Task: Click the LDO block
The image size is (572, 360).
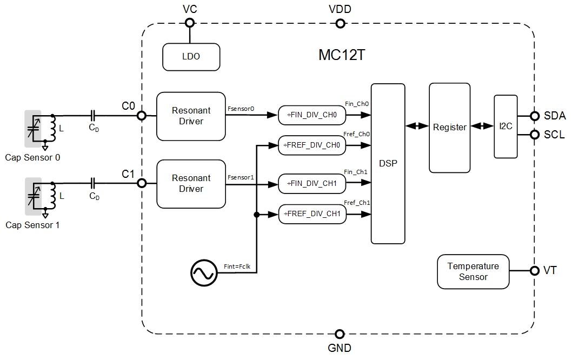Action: pyautogui.click(x=191, y=57)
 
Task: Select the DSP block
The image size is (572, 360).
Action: pyautogui.click(x=388, y=163)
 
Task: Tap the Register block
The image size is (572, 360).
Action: pyautogui.click(x=449, y=128)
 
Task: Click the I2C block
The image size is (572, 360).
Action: pyautogui.click(x=506, y=126)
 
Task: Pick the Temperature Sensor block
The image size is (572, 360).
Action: pyautogui.click(x=473, y=271)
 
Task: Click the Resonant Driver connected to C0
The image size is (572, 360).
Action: pyautogui.click(x=191, y=116)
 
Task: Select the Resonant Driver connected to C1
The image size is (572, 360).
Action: pyautogui.click(x=191, y=184)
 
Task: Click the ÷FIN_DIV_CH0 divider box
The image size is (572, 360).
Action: pyautogui.click(x=311, y=115)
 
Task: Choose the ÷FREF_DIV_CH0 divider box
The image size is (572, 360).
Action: pyautogui.click(x=311, y=145)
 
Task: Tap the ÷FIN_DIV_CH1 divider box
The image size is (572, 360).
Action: pyautogui.click(x=311, y=184)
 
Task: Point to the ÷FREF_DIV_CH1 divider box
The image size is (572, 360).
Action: pyautogui.click(x=311, y=214)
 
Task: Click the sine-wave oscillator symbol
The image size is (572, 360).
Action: pyautogui.click(x=204, y=274)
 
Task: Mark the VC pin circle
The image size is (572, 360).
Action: pyautogui.click(x=189, y=23)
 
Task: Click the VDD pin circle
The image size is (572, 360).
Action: pyautogui.click(x=340, y=23)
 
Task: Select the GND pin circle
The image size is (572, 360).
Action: pyautogui.click(x=340, y=334)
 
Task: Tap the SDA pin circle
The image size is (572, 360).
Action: pyautogui.click(x=535, y=116)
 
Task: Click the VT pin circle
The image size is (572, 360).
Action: pyautogui.click(x=535, y=271)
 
